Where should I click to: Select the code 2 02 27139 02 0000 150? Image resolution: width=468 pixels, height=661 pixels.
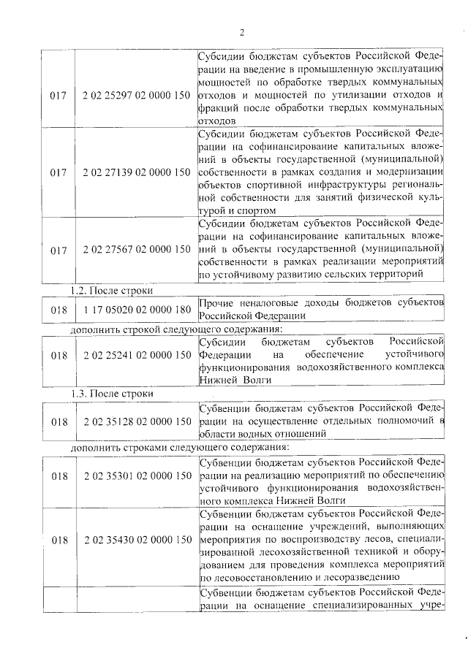pos(137,172)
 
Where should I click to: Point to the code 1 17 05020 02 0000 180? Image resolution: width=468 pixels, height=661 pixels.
pos(137,309)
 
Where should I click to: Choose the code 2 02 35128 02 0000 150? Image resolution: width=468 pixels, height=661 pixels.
pos(137,421)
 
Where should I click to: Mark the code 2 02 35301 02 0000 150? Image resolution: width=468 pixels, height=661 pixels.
pos(137,476)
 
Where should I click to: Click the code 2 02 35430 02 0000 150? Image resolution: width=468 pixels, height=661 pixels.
pos(137,540)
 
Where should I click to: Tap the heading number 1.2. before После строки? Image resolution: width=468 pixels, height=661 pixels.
pos(78,290)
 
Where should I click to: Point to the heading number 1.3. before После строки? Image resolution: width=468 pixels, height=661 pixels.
pos(78,394)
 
